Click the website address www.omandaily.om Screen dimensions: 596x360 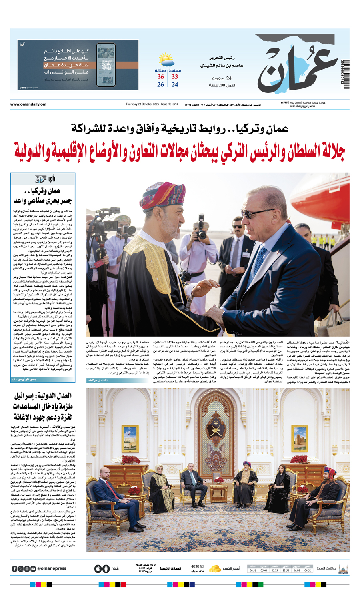28,104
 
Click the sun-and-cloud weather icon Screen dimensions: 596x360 166,60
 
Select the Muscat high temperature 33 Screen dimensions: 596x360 175,77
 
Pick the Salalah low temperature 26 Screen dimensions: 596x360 160,85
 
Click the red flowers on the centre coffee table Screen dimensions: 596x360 218,479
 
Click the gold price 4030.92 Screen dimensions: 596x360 198,566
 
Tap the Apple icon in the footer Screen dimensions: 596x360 98,568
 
